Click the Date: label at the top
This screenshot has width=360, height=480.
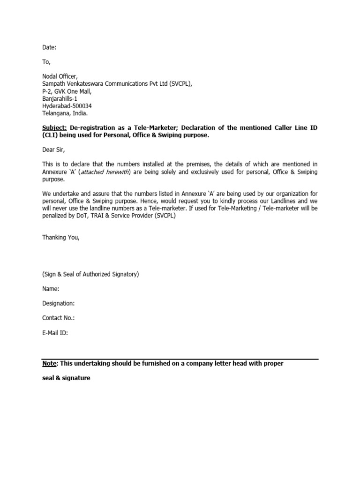pyautogui.click(x=49, y=47)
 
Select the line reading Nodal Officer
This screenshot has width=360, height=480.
pyautogui.click(x=60, y=76)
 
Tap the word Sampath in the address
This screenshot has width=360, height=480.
pyautogui.click(x=54, y=83)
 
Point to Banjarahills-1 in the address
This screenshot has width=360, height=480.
pyautogui.click(x=60, y=98)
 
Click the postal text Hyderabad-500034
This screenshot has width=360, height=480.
pyautogui.click(x=67, y=106)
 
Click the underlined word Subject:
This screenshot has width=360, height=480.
pyautogui.click(x=55, y=128)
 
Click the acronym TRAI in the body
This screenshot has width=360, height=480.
pyautogui.click(x=93, y=216)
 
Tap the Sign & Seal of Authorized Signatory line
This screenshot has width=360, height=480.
pyautogui.click(x=90, y=274)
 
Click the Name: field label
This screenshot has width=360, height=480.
pyautogui.click(x=51, y=289)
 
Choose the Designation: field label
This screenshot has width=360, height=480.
pyautogui.click(x=59, y=303)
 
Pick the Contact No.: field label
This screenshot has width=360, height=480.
pyautogui.click(x=59, y=318)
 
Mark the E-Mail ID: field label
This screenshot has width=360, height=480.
pyautogui.click(x=55, y=333)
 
